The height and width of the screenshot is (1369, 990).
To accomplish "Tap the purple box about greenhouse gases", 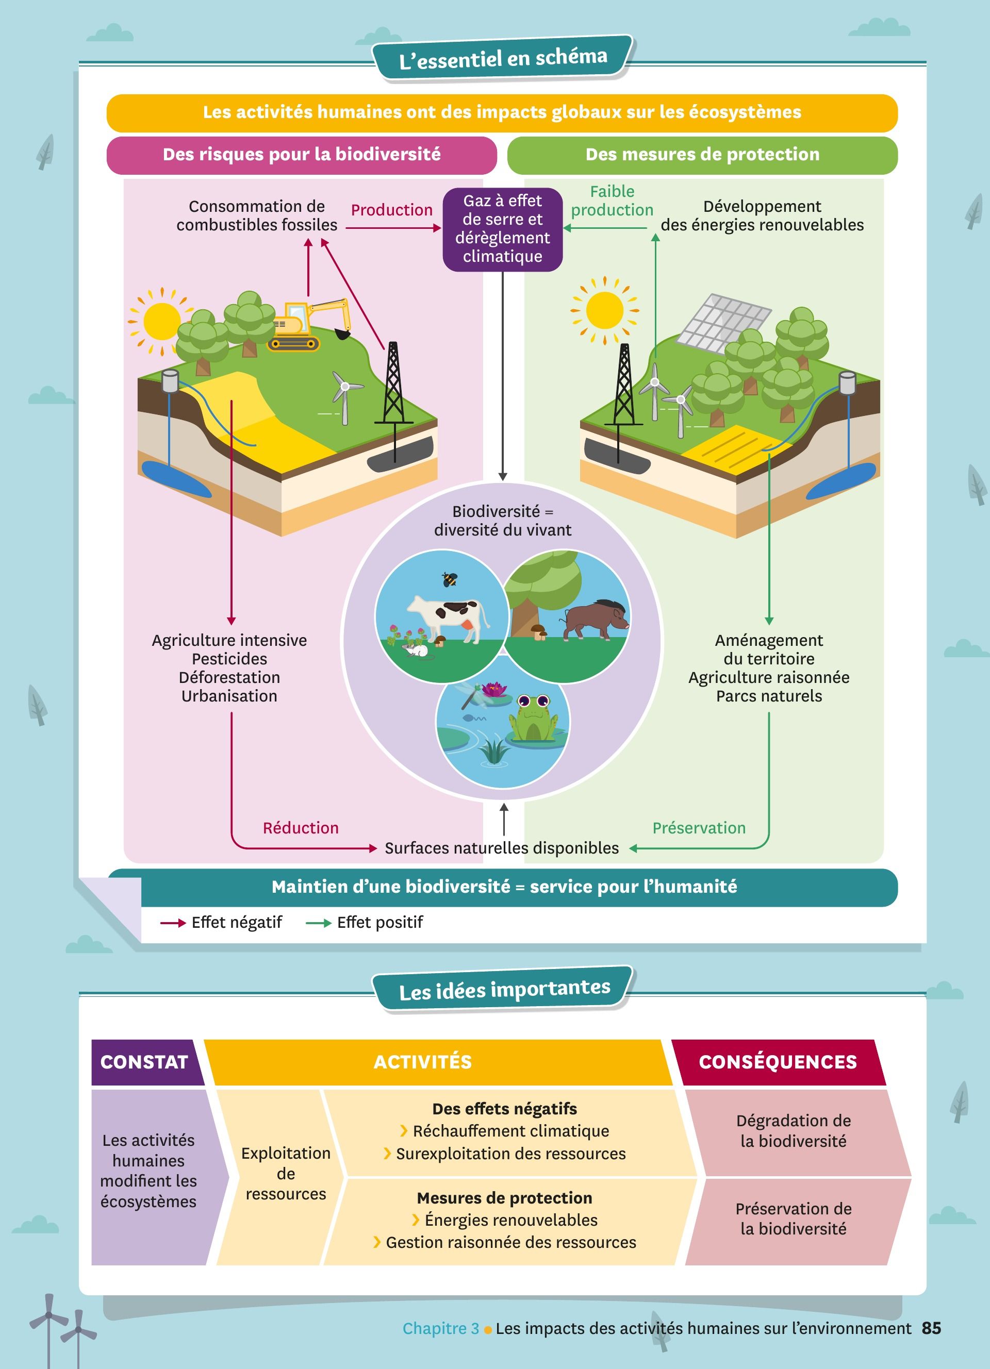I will (502, 229).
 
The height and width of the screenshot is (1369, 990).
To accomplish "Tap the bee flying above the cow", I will (450, 579).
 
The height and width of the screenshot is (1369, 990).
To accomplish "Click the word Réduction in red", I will (301, 828).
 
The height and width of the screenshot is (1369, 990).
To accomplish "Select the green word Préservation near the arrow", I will (699, 828).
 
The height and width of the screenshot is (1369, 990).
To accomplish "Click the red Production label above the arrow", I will (392, 210).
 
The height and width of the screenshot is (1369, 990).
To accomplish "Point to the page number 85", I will (931, 1328).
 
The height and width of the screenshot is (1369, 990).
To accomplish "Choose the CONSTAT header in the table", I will (144, 1062).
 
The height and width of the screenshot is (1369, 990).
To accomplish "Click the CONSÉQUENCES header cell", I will (778, 1062).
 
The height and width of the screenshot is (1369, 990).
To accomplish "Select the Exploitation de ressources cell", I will (286, 1174).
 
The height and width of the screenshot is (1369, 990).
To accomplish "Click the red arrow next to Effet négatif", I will (173, 923).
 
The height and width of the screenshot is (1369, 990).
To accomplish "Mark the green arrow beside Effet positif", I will (318, 923).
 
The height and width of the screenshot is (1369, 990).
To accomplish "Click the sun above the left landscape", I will (161, 321).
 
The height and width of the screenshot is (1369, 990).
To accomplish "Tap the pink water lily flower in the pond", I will (494, 689).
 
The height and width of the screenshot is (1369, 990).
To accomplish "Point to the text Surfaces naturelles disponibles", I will (502, 848).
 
